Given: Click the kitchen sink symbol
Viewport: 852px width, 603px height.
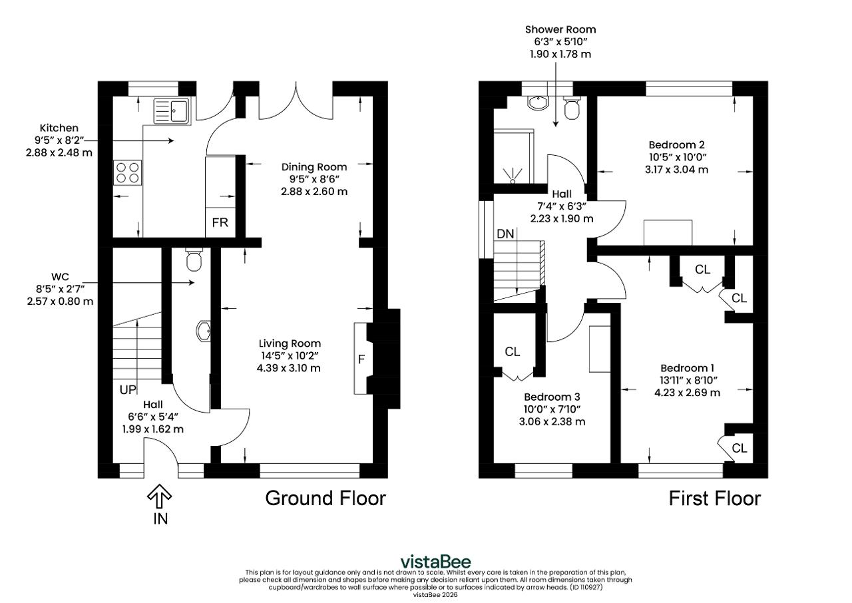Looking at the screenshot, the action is coord(172,111).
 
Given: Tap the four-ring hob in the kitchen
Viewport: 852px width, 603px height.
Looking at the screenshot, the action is coord(127,173).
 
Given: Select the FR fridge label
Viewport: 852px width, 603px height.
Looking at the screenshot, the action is coord(220,222).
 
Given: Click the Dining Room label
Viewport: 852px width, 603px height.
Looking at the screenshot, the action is coord(314,167).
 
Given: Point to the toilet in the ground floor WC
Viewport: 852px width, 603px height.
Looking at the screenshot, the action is coord(194,260).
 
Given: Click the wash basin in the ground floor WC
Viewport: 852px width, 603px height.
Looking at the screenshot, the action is coord(204,331).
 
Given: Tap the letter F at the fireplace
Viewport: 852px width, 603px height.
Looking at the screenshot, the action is coord(361,359).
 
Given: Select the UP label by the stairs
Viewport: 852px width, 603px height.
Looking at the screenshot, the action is coord(128,390).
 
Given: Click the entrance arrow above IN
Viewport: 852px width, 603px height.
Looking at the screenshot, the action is coord(159,496).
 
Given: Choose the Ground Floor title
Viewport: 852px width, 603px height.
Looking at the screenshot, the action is coord(325,498).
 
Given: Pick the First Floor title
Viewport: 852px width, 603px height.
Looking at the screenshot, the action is coord(715,499).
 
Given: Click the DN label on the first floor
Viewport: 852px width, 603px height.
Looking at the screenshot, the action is coord(505,234).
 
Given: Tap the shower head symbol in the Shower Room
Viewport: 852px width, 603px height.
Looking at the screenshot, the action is coord(513,176).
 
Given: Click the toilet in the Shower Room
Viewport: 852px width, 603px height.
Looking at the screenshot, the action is coord(572,108).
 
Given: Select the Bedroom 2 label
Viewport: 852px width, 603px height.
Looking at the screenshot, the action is coord(677,145).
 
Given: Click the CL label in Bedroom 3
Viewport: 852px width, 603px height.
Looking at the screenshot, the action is coord(513,351).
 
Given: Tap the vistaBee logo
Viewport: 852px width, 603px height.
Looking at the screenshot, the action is coord(435,562).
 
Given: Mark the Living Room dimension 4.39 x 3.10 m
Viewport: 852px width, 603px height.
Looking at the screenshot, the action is coord(289,368).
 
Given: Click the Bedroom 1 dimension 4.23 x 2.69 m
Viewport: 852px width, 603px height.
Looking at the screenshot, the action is coord(688,393).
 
